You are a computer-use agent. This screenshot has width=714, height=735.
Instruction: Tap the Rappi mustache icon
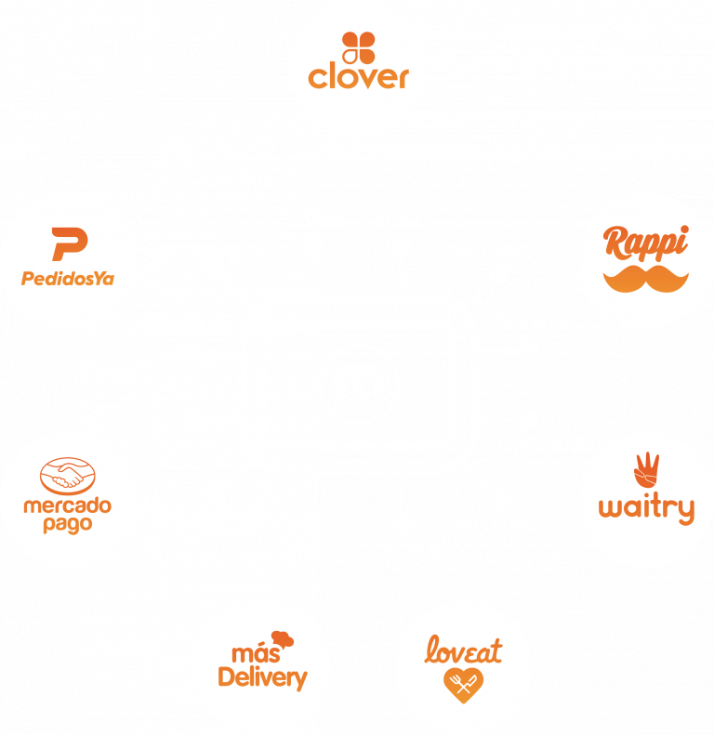coord(646,276)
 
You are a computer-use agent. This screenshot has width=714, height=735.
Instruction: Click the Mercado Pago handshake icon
coord(66,476)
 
